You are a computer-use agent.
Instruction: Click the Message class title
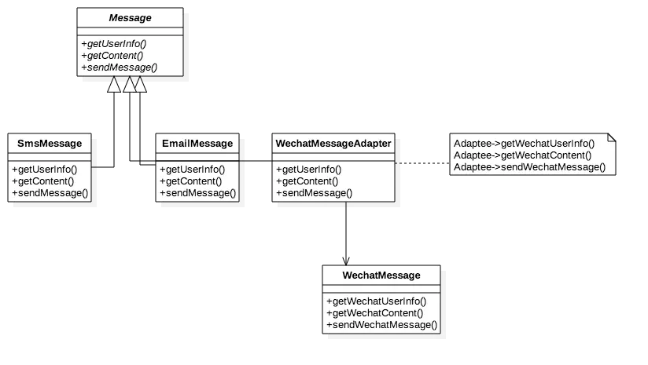pos(131,18)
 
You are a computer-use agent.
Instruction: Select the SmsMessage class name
pos(50,144)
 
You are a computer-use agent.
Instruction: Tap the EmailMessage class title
pos(197,144)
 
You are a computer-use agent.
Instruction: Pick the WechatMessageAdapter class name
pos(333,144)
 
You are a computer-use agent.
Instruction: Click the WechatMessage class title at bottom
pos(381,276)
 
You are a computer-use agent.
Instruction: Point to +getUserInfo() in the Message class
pos(114,44)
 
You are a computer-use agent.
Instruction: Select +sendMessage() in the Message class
pos(119,68)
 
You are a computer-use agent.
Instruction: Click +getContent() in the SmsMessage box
pos(43,181)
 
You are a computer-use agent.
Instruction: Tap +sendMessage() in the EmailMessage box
pos(198,193)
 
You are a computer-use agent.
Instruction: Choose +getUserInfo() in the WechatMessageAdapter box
pos(309,170)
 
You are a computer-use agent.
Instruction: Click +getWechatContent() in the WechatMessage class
pos(375,313)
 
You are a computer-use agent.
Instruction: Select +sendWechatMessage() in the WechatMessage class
pos(382,325)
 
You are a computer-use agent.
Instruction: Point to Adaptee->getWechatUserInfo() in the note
pos(524,144)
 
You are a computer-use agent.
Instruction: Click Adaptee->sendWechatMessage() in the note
pos(529,167)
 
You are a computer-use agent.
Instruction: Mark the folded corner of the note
pos(612,137)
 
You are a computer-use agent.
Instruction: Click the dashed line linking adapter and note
pos(422,163)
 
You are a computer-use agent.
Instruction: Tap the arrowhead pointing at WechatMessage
pos(346,261)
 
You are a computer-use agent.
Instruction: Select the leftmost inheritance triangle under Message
pos(114,85)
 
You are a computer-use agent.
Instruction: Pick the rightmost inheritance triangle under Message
pos(140,85)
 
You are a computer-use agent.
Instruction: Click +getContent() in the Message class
pos(112,56)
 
